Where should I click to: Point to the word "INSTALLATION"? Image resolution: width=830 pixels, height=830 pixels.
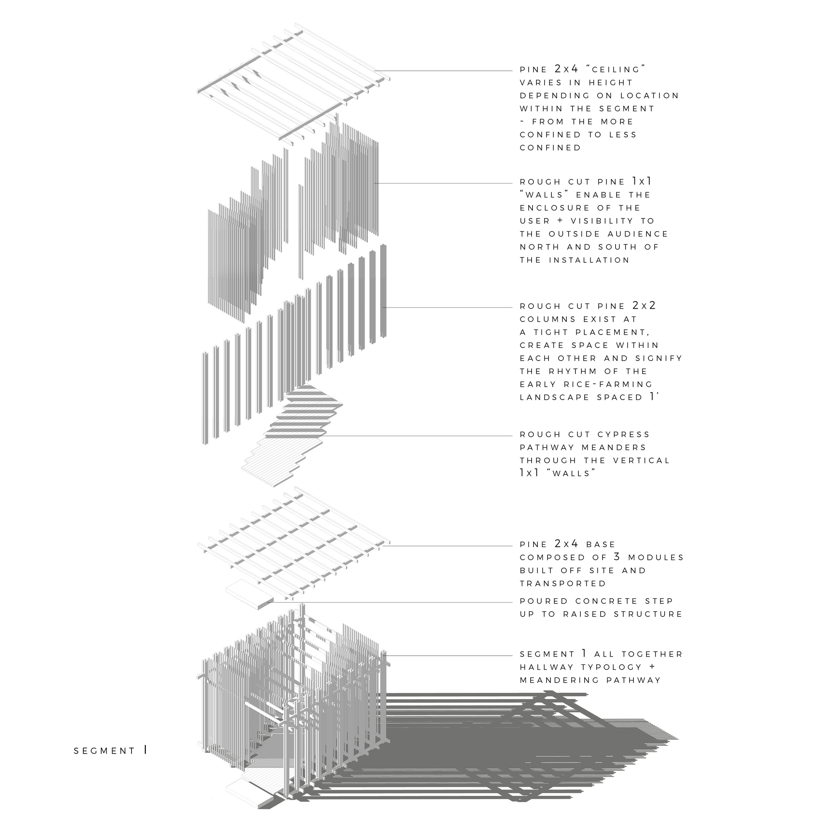pos(589,260)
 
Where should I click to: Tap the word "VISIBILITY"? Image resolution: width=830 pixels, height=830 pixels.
pos(602,221)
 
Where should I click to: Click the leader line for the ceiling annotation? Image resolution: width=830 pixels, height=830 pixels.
pos(443,71)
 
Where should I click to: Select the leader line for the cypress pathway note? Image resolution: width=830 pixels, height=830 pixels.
pos(417,436)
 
